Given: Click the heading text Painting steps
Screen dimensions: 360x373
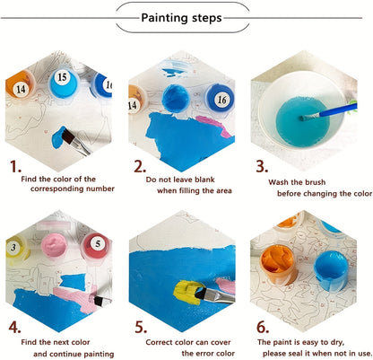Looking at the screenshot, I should point(186,16).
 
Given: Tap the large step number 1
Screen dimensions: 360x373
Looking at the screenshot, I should point(15,166).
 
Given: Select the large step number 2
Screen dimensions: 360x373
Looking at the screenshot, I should point(140,166).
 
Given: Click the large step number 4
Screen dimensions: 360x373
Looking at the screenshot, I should point(15,325).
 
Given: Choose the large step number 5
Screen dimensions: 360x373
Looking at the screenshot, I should point(139,325).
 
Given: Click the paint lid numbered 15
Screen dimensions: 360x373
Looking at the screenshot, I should point(62,78).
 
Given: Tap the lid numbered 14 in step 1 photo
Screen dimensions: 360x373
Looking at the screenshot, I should point(20,88).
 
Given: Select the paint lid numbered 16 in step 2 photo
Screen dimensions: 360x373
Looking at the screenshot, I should point(220,99).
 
